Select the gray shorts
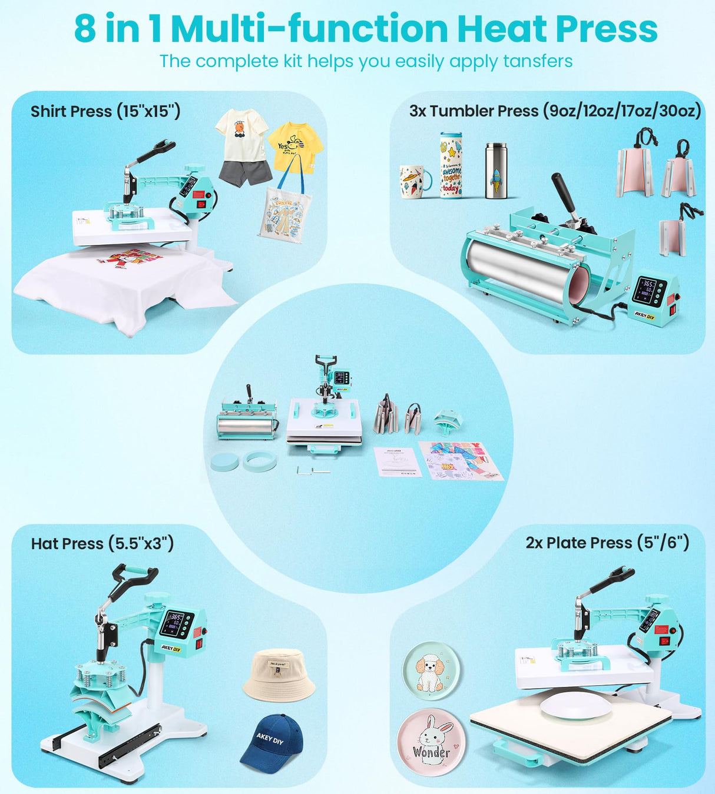(x=245, y=171)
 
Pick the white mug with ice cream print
(x=414, y=181)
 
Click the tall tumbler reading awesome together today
(x=451, y=165)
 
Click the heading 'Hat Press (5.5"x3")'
(x=102, y=543)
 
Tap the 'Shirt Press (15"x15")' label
(x=105, y=111)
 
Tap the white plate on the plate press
(x=575, y=705)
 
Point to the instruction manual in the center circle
(x=398, y=461)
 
